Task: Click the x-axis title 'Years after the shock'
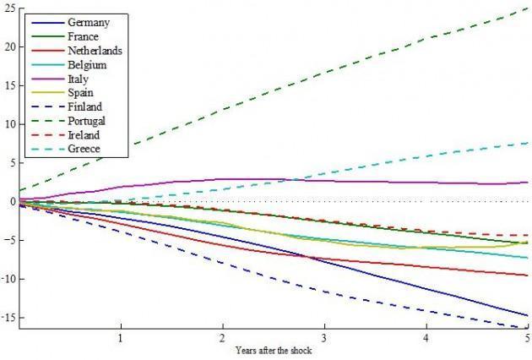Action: tap(274, 350)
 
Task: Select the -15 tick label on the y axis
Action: tap(7, 318)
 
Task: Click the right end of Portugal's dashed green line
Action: tap(528, 8)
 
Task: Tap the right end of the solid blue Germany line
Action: tap(528, 316)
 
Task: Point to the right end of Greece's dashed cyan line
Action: tap(528, 143)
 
